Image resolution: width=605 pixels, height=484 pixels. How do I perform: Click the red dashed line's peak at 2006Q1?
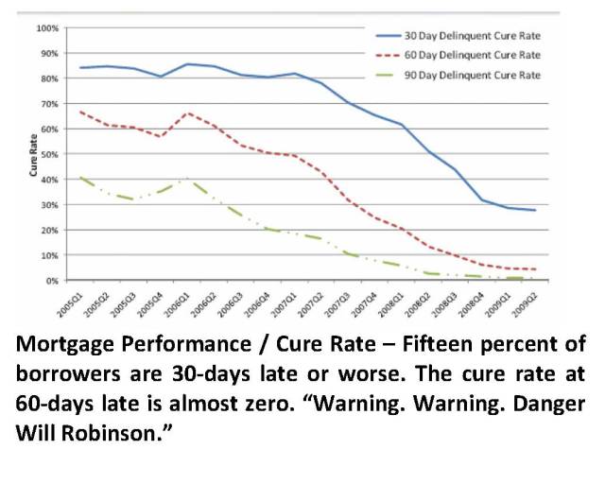tap(190, 113)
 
